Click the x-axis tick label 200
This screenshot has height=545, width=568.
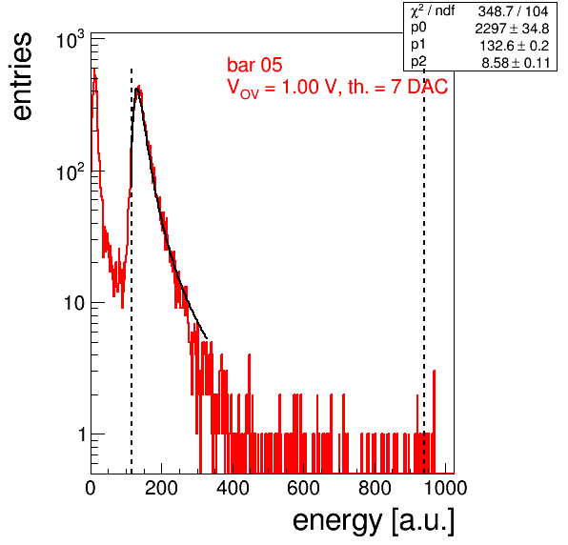[x=161, y=488]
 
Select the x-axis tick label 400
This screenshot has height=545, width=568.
[x=233, y=488]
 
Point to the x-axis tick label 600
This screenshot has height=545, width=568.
[x=304, y=488]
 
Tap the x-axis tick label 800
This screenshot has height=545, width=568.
[x=375, y=488]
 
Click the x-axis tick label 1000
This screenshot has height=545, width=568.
[x=445, y=488]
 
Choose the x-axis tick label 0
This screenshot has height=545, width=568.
[x=91, y=488]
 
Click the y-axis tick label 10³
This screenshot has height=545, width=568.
[x=71, y=40]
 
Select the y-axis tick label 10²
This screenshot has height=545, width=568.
[x=71, y=172]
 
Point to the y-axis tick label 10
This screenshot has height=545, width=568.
[x=74, y=303]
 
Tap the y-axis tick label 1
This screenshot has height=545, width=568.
[x=82, y=434]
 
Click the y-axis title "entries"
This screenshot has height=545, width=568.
[x=22, y=76]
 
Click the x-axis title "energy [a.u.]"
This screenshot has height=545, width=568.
[x=374, y=522]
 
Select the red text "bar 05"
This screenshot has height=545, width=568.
[x=254, y=65]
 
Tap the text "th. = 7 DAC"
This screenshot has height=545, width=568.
[x=397, y=87]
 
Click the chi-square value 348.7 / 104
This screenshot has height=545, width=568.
[x=513, y=11]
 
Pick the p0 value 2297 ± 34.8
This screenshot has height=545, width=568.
[x=512, y=29]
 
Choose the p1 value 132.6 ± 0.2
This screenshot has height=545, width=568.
[x=515, y=46]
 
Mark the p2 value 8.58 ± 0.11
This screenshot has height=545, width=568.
[x=516, y=63]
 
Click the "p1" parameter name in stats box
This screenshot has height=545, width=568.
[x=418, y=45]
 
